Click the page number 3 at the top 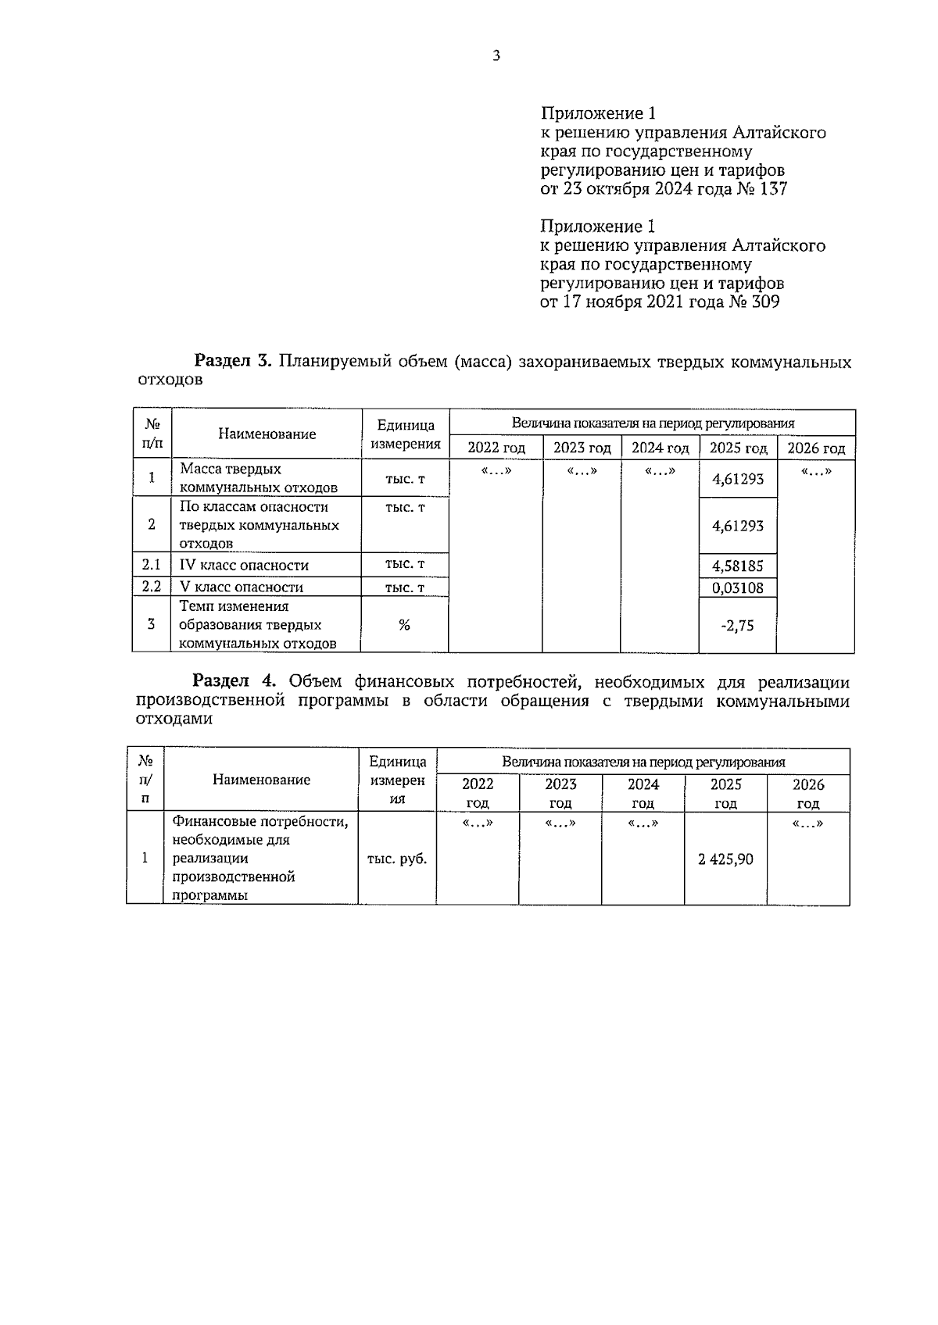[x=496, y=55]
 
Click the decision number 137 [x=772, y=189]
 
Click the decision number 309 [x=764, y=302]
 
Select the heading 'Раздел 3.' [x=232, y=362]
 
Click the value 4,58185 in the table [x=737, y=566]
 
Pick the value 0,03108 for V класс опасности [x=737, y=587]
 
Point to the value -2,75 [x=737, y=625]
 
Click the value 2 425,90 [x=725, y=859]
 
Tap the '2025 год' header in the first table [x=738, y=448]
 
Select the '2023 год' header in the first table [x=582, y=448]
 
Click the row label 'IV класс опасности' [x=244, y=566]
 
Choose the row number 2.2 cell [x=151, y=587]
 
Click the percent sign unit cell [x=404, y=625]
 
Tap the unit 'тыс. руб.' [x=397, y=859]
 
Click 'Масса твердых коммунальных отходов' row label [x=258, y=478]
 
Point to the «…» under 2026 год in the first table [x=815, y=471]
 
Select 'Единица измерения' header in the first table [x=405, y=434]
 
